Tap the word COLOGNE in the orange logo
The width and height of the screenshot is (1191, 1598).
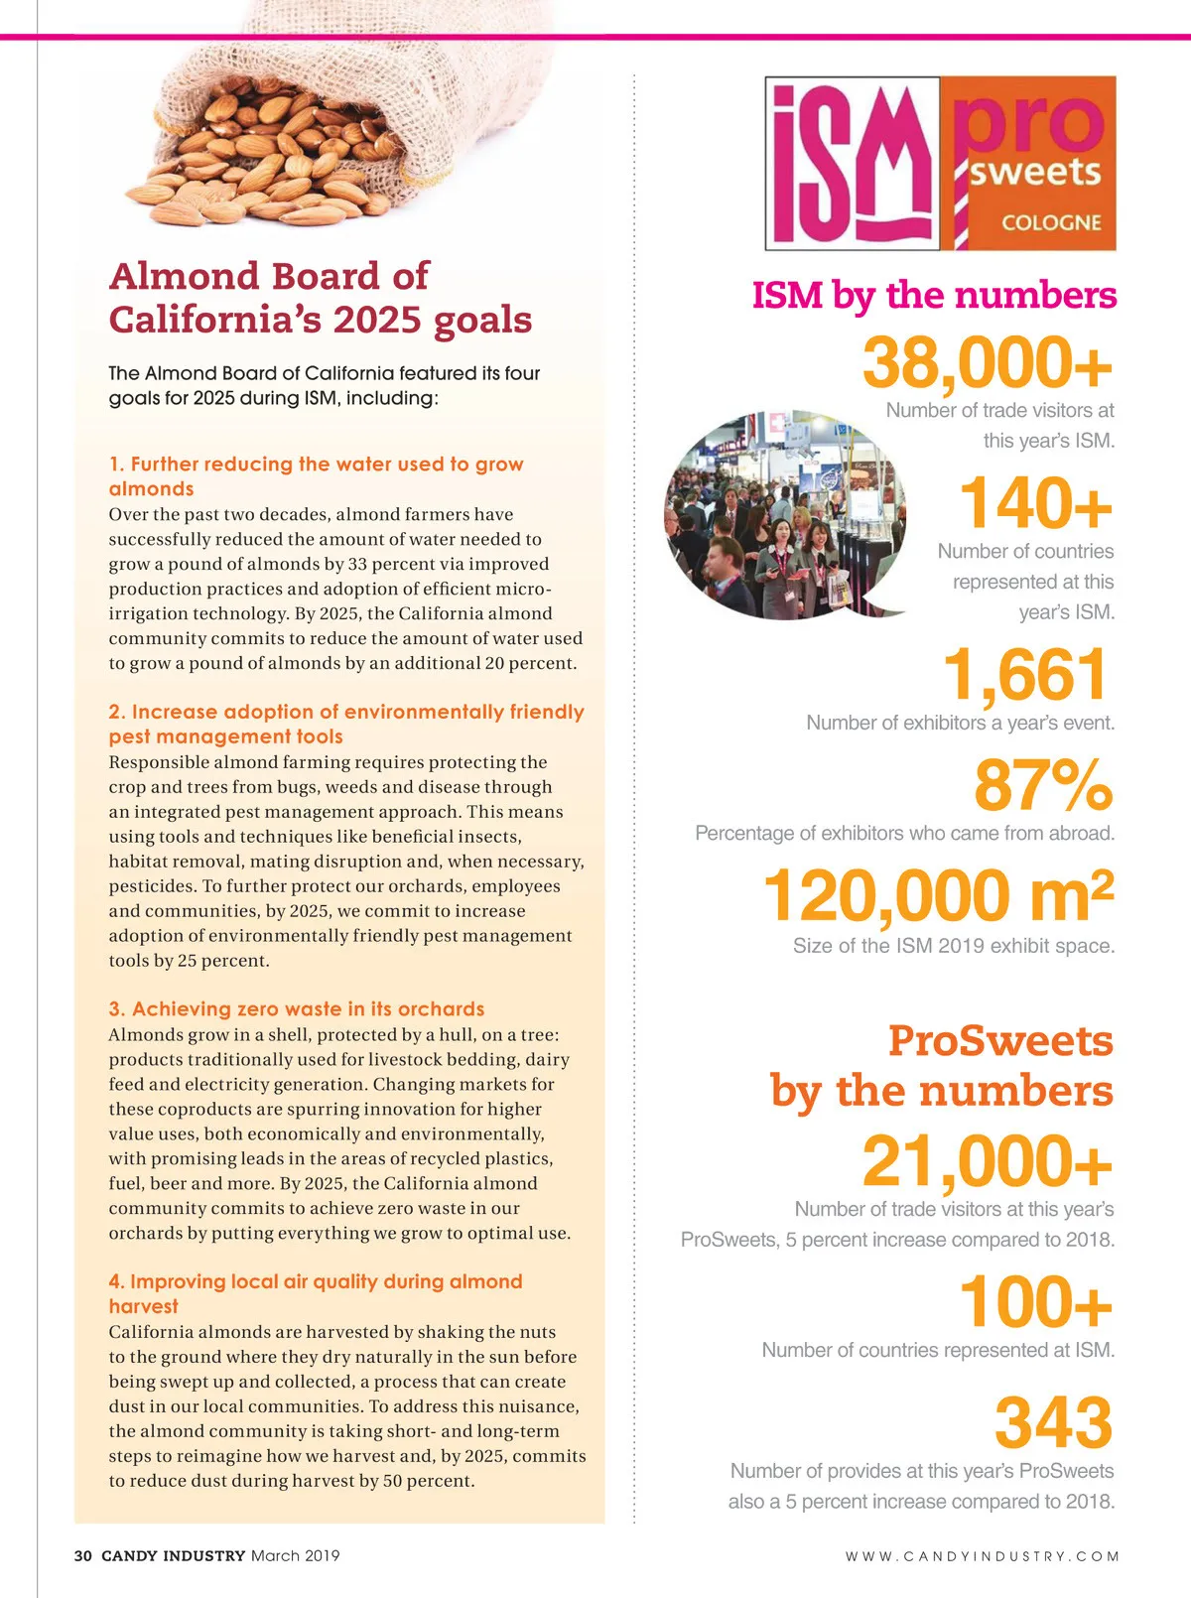1051,222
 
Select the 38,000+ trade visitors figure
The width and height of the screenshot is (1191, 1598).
987,363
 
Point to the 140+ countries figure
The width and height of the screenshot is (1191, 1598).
1034,503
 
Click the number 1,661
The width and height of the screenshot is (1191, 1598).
1024,675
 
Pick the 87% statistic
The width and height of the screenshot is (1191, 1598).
1043,785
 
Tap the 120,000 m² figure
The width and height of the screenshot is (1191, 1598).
938,895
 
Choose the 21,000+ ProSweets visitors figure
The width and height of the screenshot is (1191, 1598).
987,1161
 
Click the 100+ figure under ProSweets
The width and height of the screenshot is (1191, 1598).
1034,1302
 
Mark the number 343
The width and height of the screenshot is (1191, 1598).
1053,1422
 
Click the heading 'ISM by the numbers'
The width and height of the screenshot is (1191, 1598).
934,295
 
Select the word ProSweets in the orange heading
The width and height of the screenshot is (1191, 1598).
1000,1040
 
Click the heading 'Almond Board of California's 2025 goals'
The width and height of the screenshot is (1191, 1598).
320,297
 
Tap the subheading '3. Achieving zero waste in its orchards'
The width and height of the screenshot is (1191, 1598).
296,1008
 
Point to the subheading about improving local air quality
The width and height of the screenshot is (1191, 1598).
315,1293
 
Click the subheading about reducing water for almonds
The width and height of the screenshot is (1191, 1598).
316,475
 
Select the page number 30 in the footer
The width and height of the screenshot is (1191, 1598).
83,1555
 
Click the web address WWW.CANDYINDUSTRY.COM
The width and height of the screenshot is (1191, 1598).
982,1556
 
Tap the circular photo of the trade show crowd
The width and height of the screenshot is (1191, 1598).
784,515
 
